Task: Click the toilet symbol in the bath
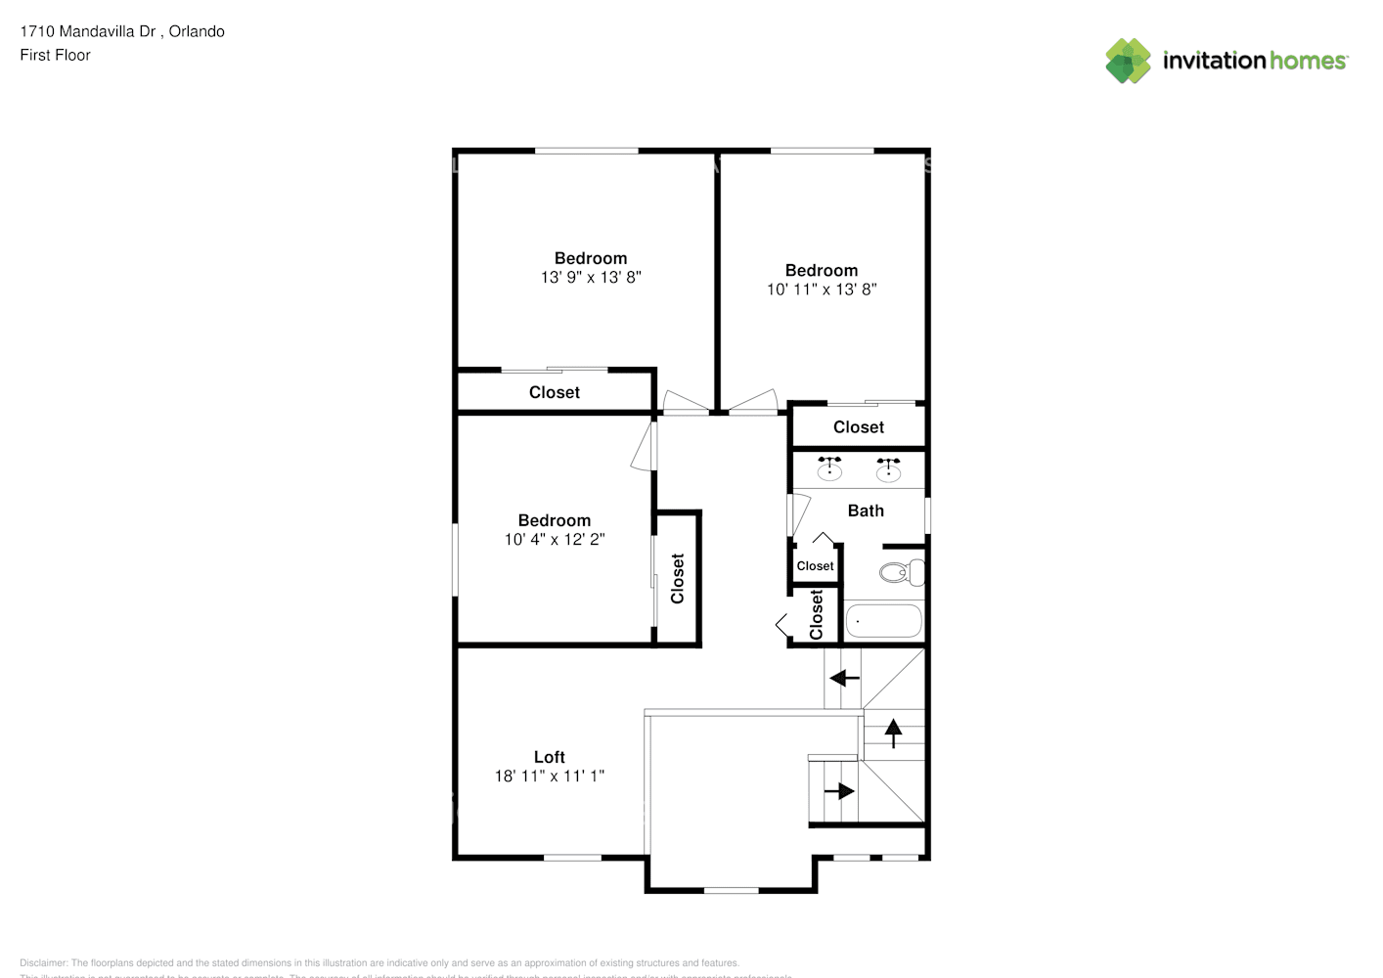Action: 901,572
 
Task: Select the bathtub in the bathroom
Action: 883,621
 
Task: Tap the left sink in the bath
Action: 829,469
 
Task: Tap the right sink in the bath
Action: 888,469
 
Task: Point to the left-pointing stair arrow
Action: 844,678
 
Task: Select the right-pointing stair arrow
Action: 839,790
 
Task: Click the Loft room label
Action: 549,757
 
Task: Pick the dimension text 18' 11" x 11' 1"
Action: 549,776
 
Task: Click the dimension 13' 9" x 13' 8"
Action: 591,277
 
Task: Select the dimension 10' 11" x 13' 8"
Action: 822,289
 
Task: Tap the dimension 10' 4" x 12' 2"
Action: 555,539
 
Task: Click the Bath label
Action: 866,511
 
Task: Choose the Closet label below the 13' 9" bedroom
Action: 555,392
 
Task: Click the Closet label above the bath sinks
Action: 859,427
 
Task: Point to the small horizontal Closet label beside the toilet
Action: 815,566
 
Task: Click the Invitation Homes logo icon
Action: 1128,61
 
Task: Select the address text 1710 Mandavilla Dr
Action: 88,31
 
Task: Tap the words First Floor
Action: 55,55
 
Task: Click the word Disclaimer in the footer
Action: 43,963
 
